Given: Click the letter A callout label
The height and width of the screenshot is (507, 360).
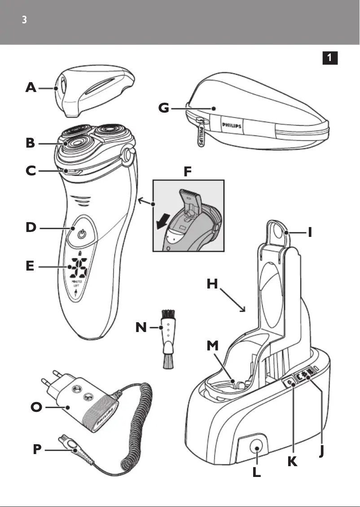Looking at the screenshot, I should click(x=31, y=88).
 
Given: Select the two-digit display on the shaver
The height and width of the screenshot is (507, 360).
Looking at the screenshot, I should click(x=77, y=268).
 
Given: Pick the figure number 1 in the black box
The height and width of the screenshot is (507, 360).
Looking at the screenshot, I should click(x=329, y=57).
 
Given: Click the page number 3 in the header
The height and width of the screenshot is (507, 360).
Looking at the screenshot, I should click(x=25, y=21).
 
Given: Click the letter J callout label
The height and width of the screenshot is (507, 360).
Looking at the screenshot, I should click(x=321, y=450).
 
